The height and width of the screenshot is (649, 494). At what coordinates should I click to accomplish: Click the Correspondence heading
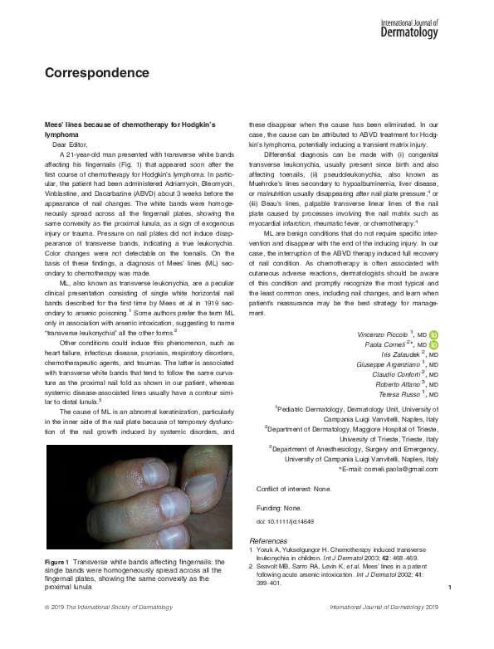click(x=96, y=72)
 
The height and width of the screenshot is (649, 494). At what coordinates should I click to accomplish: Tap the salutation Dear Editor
click(x=71, y=144)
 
